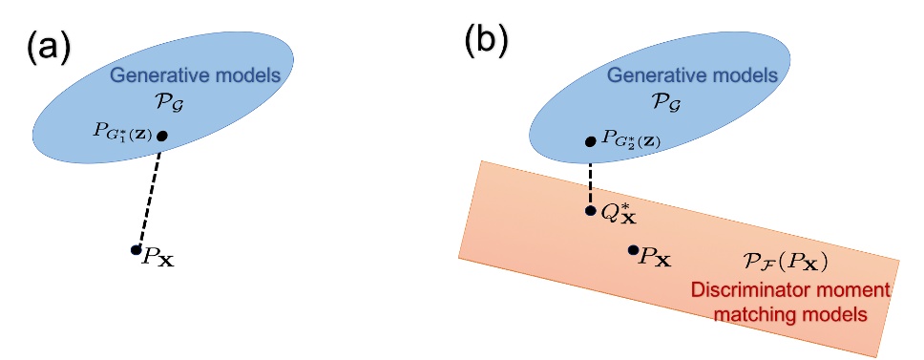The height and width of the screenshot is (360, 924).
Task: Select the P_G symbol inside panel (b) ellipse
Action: click(x=662, y=104)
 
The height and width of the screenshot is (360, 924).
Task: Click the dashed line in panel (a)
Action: click(x=149, y=193)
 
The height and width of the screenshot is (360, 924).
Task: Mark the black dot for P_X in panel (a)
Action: click(x=136, y=250)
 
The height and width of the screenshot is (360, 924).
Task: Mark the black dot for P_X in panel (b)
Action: click(x=632, y=250)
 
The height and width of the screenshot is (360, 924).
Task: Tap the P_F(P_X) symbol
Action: click(x=784, y=263)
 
